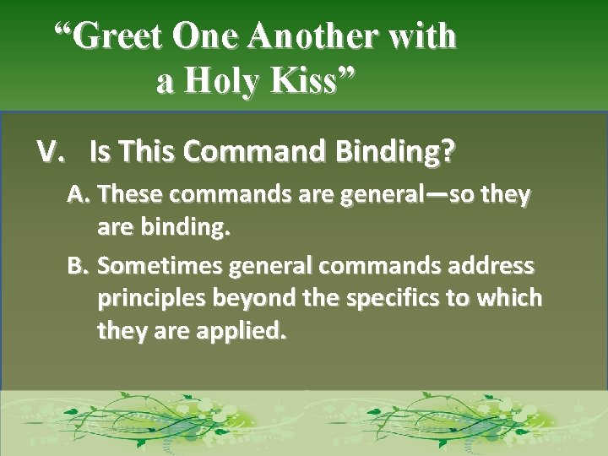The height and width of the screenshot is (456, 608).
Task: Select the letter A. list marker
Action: [x=80, y=196]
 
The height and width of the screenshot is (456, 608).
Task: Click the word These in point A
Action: [x=130, y=196]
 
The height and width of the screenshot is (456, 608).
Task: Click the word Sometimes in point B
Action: [x=160, y=267]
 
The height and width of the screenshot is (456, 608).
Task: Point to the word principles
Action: [x=150, y=299]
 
